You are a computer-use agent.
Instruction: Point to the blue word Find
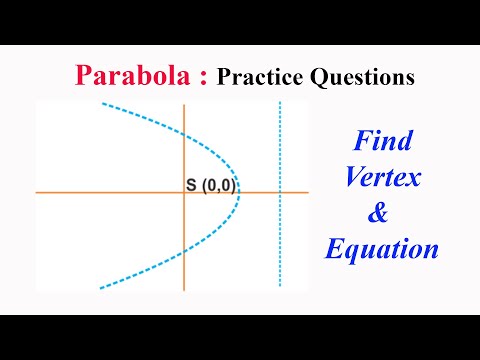[x=382, y=140]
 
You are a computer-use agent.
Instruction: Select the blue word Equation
[x=382, y=249]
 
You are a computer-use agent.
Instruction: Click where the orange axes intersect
[x=185, y=192]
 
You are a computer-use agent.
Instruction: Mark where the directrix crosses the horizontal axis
[x=280, y=192]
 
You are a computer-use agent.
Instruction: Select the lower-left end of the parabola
[x=100, y=288]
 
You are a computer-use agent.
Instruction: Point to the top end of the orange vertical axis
[x=185, y=103]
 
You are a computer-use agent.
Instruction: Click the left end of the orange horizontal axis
[x=38, y=192]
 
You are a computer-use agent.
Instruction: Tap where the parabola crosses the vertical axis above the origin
[x=185, y=136]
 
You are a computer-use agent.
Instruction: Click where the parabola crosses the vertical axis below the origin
[x=185, y=250]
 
